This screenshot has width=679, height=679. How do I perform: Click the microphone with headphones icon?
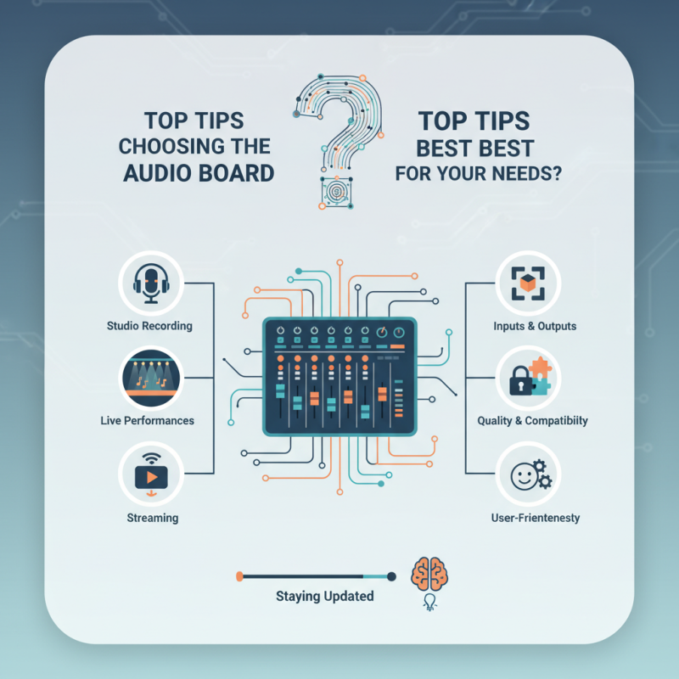(151, 283)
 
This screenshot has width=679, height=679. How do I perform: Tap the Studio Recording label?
(149, 326)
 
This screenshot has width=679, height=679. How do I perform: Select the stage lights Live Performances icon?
(151, 378)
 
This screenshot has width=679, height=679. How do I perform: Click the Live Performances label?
(147, 420)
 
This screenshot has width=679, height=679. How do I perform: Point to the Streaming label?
(153, 518)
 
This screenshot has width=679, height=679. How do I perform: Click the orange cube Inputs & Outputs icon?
(528, 283)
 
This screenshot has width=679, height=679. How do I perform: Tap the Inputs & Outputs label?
(535, 326)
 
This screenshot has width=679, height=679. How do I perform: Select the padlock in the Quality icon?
(520, 380)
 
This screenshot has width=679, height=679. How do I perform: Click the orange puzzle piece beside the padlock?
(541, 368)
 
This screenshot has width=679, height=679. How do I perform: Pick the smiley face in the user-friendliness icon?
(524, 477)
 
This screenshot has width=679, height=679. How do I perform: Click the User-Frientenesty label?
(536, 518)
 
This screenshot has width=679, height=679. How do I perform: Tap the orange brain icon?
(429, 574)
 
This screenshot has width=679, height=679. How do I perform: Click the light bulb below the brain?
(429, 602)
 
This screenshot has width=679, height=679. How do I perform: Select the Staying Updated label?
(325, 597)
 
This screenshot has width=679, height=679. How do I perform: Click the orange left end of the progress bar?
(239, 576)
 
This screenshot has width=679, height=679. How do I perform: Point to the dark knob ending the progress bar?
(391, 576)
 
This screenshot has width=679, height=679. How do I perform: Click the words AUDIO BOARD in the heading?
(199, 173)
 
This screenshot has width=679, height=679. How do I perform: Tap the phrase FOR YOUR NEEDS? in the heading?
(479, 173)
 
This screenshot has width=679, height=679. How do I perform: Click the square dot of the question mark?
(335, 192)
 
